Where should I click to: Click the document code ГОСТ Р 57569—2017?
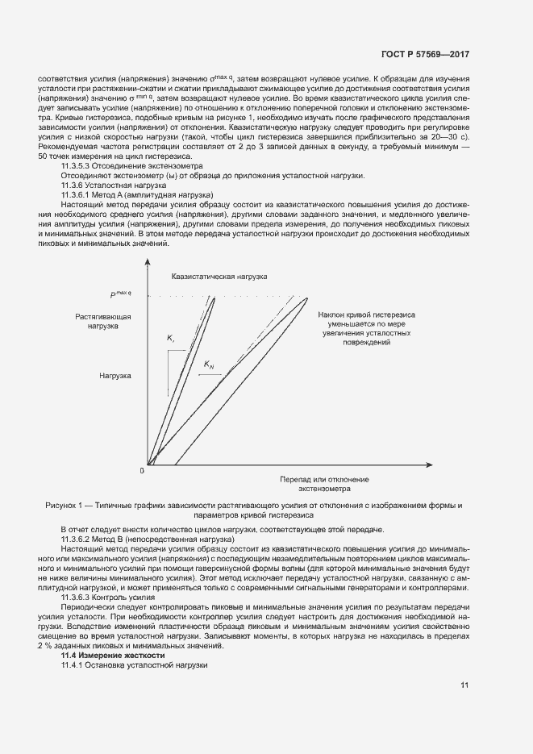pos(426,55)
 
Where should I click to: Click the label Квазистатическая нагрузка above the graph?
pos(219,276)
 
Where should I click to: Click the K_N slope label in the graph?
pos(209,365)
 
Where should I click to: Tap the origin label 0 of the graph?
pos(141,469)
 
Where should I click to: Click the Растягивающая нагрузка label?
pos(103,321)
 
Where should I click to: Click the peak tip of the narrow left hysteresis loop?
pos(215,298)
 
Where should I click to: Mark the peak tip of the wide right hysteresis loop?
pos(308,298)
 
